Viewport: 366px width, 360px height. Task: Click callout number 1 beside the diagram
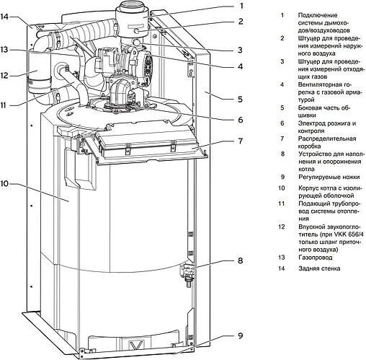241,5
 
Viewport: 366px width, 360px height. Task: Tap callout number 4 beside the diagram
241,66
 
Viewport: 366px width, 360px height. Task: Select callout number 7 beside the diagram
241,141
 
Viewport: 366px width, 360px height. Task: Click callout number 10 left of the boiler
4,184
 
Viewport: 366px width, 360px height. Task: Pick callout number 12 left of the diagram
4,76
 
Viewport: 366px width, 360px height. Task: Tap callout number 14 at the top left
4,17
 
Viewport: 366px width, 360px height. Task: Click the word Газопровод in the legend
316,258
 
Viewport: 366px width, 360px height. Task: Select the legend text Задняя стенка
319,268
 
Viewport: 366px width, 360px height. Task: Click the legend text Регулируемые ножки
329,177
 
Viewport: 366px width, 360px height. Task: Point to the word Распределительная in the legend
327,139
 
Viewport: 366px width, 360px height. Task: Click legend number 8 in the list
282,154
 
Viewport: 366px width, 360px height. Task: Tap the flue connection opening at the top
133,5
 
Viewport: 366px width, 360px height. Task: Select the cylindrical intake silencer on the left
39,74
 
